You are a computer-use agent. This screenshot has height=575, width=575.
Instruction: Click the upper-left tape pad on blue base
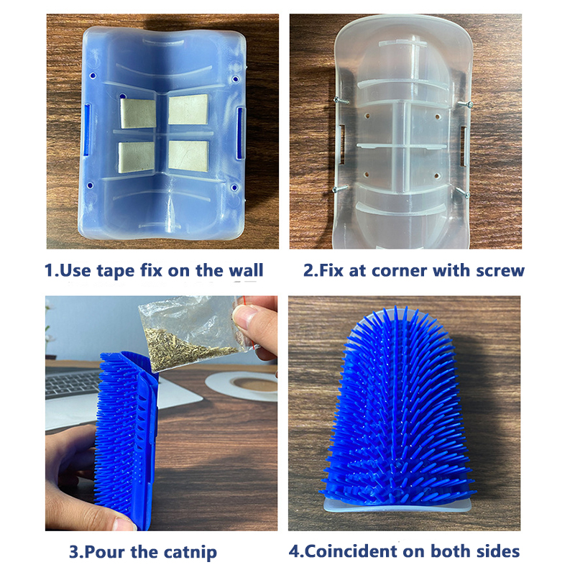(x=138, y=114)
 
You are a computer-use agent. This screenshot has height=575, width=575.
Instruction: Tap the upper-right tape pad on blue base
(x=188, y=109)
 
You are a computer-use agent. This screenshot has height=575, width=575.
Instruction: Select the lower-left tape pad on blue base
(x=137, y=157)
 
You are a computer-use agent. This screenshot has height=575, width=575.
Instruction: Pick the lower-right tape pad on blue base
(x=188, y=156)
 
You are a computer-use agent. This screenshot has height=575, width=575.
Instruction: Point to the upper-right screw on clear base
(x=464, y=104)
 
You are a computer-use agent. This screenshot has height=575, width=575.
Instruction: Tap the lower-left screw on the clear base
(x=340, y=188)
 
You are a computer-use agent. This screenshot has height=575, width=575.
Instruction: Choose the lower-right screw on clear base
(x=462, y=193)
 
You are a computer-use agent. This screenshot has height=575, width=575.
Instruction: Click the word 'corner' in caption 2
(x=400, y=271)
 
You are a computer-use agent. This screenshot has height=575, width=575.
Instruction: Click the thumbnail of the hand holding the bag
(x=244, y=314)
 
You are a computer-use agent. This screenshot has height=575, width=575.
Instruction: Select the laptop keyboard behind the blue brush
(x=71, y=382)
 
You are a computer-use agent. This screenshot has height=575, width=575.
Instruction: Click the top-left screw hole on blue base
(x=93, y=75)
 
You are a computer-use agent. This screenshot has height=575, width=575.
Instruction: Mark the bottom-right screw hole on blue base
(x=234, y=188)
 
